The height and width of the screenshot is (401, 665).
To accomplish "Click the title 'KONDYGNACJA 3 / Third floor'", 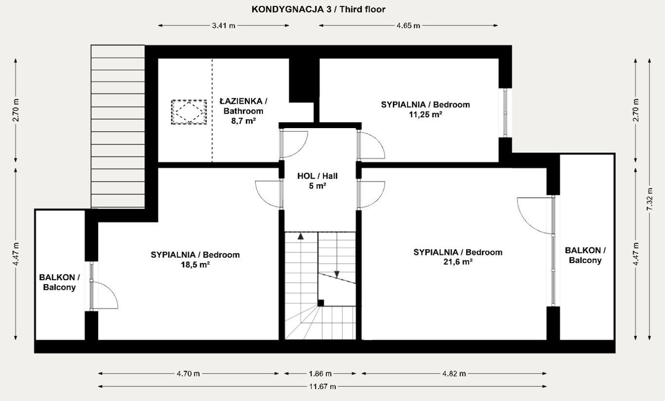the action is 318,10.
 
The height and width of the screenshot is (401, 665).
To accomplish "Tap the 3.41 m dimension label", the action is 223,25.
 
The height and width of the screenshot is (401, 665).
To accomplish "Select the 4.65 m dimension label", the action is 408,25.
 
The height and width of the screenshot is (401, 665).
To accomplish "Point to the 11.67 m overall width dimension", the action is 323,386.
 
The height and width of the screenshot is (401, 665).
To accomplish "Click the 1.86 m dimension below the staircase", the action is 320,373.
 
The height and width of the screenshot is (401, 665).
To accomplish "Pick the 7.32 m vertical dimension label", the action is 649,199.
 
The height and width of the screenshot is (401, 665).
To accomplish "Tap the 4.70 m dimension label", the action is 188,373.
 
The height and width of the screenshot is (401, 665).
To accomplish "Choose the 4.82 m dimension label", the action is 454,373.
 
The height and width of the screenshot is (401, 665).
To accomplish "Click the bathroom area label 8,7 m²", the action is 243,121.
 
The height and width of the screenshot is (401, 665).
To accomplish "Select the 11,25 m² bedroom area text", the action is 425,115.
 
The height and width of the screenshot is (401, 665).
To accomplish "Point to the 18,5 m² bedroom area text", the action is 195,265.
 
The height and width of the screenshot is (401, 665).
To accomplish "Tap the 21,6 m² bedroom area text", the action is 458,262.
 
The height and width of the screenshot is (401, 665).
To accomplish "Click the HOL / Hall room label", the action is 317,176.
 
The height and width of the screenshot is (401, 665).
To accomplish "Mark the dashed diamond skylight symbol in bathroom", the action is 189,112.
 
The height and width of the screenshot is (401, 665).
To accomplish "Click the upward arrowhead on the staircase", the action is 301,236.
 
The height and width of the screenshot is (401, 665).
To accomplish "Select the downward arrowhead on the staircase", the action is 337,274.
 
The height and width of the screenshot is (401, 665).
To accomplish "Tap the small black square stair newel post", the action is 321,303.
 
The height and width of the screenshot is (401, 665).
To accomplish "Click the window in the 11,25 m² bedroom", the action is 505,113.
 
